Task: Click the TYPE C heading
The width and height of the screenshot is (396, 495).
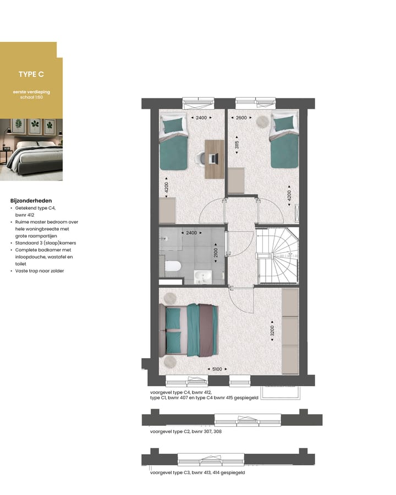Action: coord(31,74)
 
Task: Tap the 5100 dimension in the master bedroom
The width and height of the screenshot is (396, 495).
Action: coord(217,369)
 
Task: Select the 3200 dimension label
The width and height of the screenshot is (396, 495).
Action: coord(272,331)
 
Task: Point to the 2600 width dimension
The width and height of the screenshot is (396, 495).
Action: coord(241,118)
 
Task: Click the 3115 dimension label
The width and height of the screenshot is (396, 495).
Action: coord(237,145)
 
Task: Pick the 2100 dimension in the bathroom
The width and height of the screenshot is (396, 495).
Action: coord(216,253)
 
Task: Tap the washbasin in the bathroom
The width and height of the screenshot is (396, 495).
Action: coord(202,277)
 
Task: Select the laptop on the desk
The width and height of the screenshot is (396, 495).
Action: coord(214,158)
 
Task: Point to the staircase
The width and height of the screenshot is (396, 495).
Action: coord(277,256)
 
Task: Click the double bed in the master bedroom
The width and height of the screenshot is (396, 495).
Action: coord(189,330)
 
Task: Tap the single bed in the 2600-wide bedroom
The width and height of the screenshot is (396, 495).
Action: coord(284,142)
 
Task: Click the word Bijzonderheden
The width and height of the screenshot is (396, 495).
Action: coord(31,201)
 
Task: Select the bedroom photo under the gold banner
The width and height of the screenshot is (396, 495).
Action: coord(31,150)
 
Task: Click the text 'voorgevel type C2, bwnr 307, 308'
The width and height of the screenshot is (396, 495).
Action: coord(186,432)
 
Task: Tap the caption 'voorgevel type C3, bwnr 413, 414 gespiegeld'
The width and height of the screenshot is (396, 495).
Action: coord(197,472)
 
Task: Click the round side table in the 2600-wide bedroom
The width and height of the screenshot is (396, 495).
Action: coord(262,121)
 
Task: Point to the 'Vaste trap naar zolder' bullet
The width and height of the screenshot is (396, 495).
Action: coord(40,271)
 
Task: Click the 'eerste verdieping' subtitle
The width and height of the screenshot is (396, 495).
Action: coord(31,92)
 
